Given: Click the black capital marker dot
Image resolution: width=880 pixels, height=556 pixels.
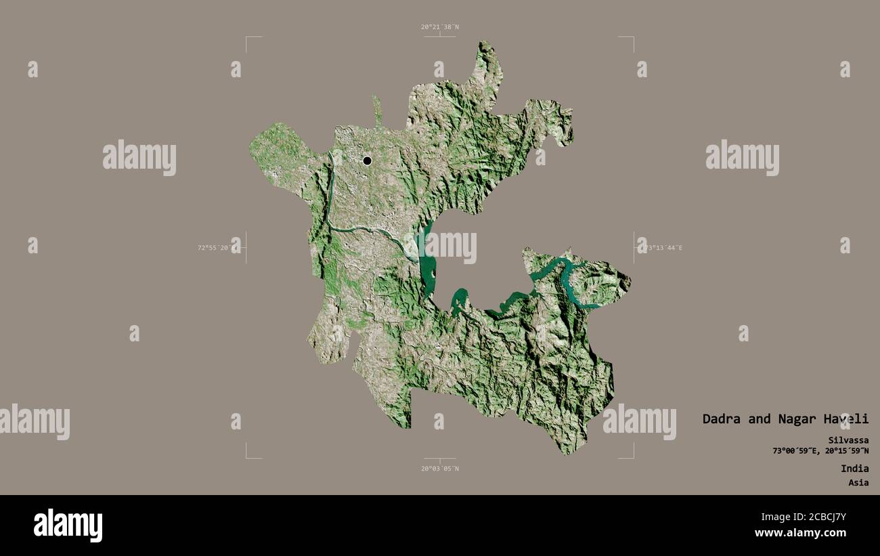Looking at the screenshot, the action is click(x=367, y=161).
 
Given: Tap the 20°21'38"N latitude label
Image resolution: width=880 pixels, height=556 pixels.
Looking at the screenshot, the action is click(x=439, y=27).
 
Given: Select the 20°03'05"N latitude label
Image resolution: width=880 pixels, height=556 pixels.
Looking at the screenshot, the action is click(x=439, y=469).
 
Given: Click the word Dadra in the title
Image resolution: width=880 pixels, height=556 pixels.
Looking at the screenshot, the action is click(x=722, y=419).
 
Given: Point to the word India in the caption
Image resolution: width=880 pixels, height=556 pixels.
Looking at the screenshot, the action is click(x=854, y=469).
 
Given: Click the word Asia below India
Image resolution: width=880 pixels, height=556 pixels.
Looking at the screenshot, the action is click(x=858, y=483).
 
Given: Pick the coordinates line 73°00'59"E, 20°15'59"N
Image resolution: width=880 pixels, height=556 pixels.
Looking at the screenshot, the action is click(x=820, y=451).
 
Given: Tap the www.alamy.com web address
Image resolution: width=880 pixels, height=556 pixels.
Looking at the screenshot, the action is click(x=811, y=534).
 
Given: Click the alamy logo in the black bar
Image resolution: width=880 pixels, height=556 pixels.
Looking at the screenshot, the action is click(x=68, y=526).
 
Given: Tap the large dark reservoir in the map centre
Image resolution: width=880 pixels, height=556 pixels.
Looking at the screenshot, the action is click(x=426, y=261).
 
